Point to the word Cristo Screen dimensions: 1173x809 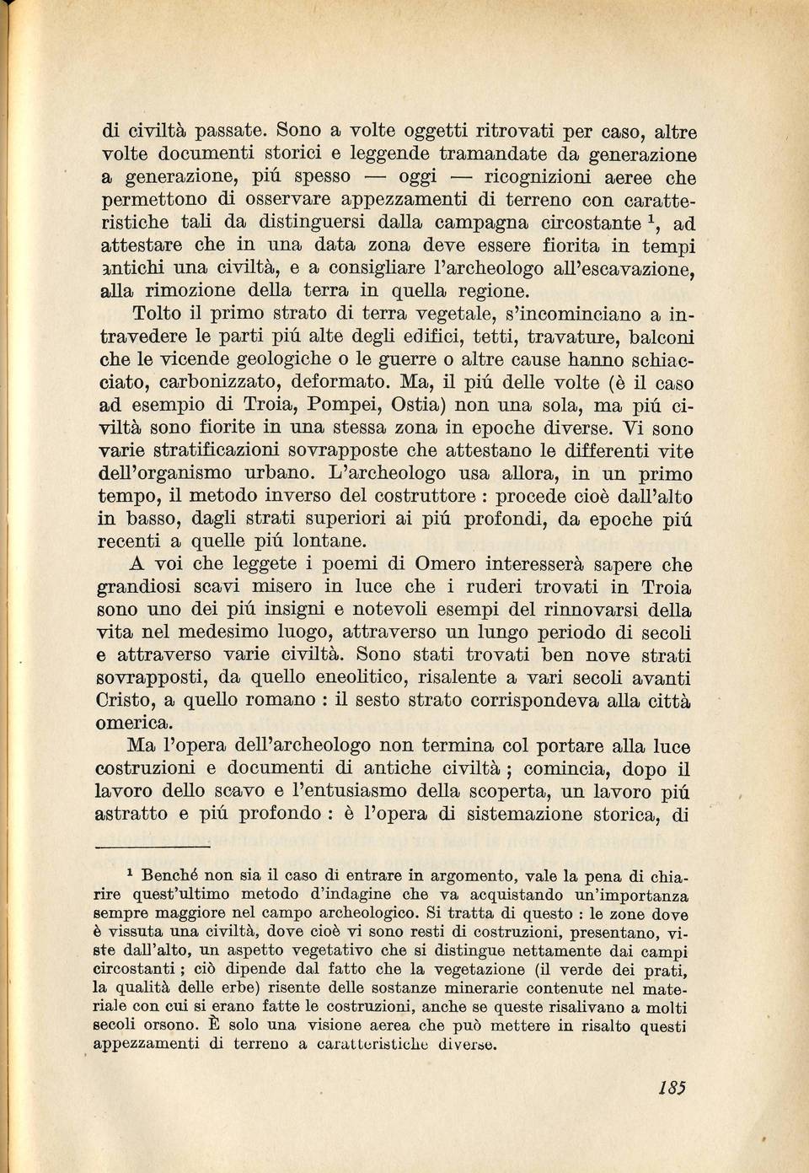126,700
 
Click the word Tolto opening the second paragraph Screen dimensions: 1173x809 157,314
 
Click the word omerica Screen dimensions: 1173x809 134,723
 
